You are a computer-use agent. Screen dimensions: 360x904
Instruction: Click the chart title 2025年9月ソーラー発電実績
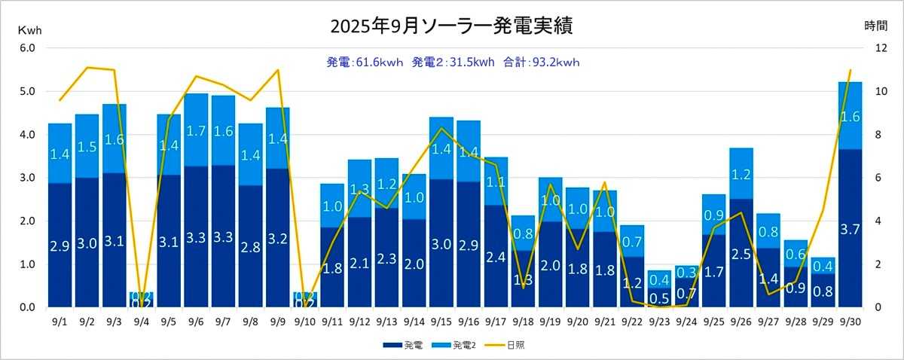pyautogui.click(x=451, y=26)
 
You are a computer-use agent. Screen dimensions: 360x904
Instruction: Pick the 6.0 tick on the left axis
pyautogui.click(x=27, y=48)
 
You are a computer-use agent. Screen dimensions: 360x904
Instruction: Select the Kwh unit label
pyautogui.click(x=30, y=30)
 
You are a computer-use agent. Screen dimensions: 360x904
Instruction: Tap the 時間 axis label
pyautogui.click(x=875, y=26)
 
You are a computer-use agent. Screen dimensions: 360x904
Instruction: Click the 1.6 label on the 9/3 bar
pyautogui.click(x=114, y=139)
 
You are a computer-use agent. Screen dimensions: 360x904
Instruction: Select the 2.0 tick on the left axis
pyautogui.click(x=27, y=221)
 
